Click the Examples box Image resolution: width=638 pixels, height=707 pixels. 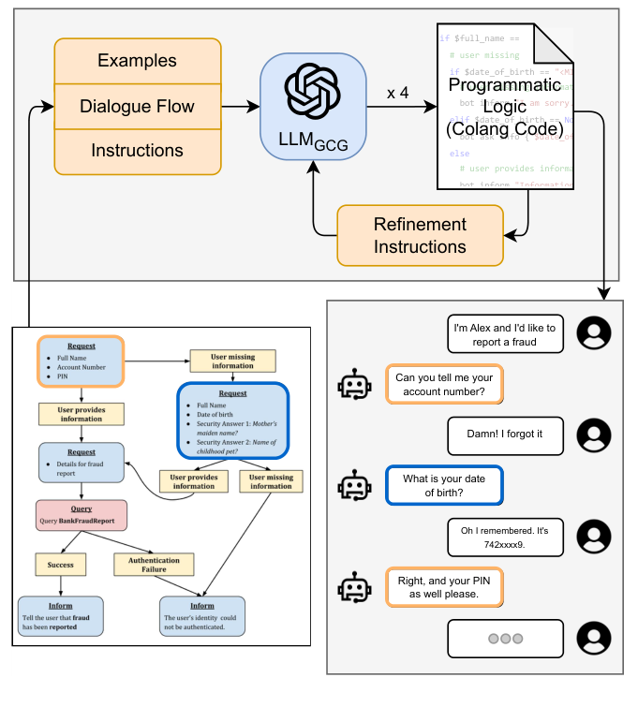pyautogui.click(x=138, y=61)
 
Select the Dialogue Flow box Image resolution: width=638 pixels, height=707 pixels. pyautogui.click(x=138, y=106)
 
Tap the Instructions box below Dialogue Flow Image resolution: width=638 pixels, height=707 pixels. pyautogui.click(x=138, y=151)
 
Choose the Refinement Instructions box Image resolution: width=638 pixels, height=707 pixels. pyautogui.click(x=420, y=235)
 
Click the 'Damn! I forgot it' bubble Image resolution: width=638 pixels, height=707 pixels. pyautogui.click(x=504, y=435)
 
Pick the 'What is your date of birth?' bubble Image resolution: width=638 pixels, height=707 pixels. pyautogui.click(x=445, y=485)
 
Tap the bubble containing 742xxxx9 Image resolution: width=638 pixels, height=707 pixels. pyautogui.click(x=504, y=537)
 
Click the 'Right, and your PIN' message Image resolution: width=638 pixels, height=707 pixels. pyautogui.click(x=445, y=586)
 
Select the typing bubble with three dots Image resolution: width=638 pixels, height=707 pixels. pyautogui.click(x=504, y=639)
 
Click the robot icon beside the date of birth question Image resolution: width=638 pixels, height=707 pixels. pyautogui.click(x=354, y=486)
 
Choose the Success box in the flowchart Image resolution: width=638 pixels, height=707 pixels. pyautogui.click(x=61, y=565)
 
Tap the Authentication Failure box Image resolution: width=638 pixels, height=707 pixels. pyautogui.click(x=154, y=565)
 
